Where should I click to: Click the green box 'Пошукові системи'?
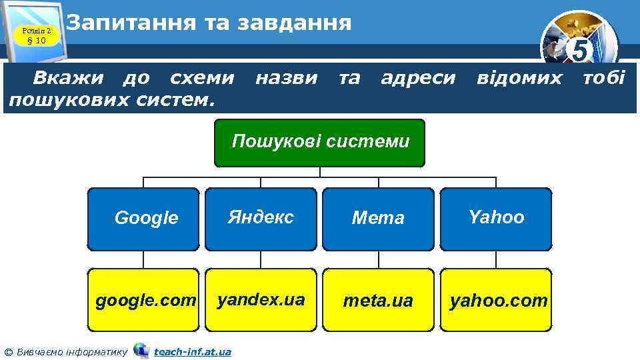(319, 143)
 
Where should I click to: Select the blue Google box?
(144, 218)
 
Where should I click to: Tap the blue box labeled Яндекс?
(261, 218)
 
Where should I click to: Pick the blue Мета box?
(378, 218)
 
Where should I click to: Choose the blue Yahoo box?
(496, 218)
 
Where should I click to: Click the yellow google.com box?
(144, 300)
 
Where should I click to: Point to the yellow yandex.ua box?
(261, 300)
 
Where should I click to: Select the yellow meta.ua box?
(378, 300)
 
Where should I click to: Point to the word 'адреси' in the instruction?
(418, 79)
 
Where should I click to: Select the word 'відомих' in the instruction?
(519, 79)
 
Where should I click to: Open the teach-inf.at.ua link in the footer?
(192, 351)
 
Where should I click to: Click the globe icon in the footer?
(141, 350)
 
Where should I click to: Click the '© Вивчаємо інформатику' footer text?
(65, 351)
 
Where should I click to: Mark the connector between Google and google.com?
(144, 259)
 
